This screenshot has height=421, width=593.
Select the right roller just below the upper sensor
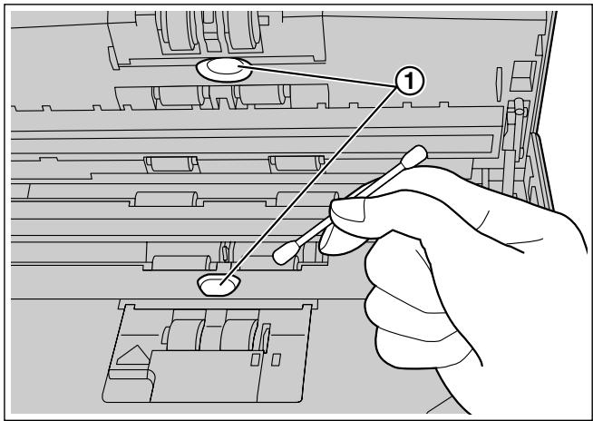coord(255,94)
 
